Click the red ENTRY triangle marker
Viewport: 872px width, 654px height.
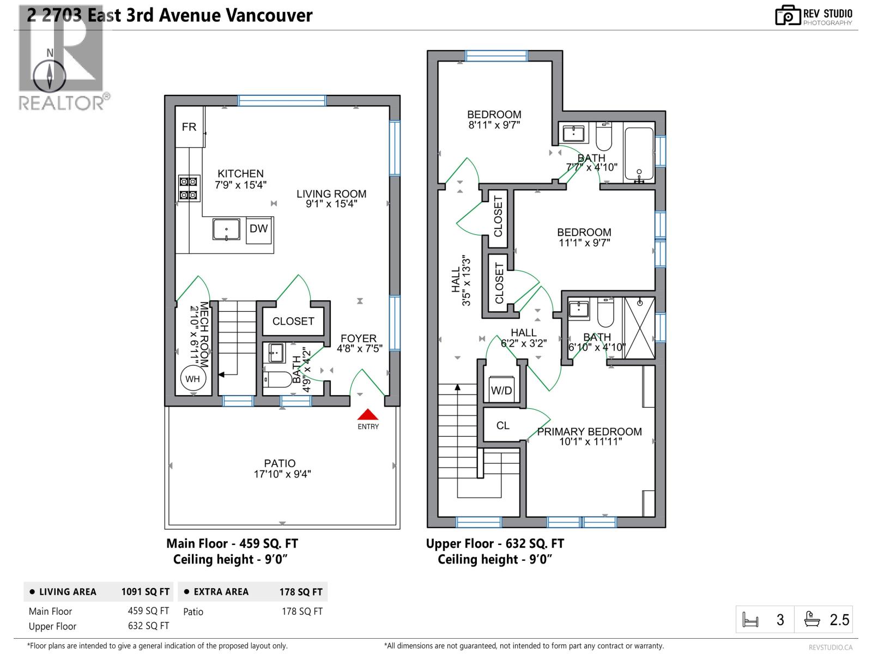(x=368, y=415)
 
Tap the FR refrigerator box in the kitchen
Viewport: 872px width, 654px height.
(x=189, y=126)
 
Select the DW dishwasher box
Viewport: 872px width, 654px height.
(x=258, y=229)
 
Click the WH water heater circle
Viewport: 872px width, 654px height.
(x=192, y=379)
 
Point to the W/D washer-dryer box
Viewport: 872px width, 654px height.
(x=501, y=389)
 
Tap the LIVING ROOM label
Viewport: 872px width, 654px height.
(x=331, y=194)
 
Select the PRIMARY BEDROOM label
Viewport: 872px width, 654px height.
(x=589, y=432)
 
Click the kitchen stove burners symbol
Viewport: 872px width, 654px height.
(x=187, y=188)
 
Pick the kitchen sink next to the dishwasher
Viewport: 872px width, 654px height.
(x=226, y=229)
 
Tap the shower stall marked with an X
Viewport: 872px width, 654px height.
(x=640, y=328)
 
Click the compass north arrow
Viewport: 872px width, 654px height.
(x=50, y=76)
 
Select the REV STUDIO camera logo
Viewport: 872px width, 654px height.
(x=788, y=15)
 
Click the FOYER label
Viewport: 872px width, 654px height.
(x=359, y=338)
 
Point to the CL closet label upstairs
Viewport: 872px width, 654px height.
(x=502, y=426)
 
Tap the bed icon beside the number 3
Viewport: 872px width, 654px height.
(x=751, y=620)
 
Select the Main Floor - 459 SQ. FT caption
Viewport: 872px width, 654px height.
(x=232, y=543)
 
